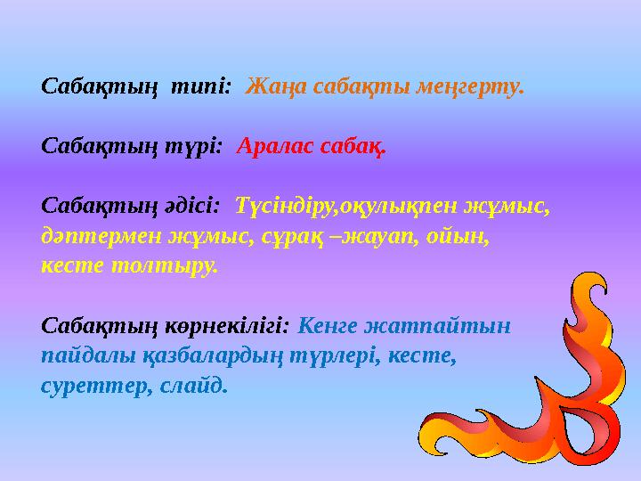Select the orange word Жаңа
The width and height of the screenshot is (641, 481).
272,87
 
